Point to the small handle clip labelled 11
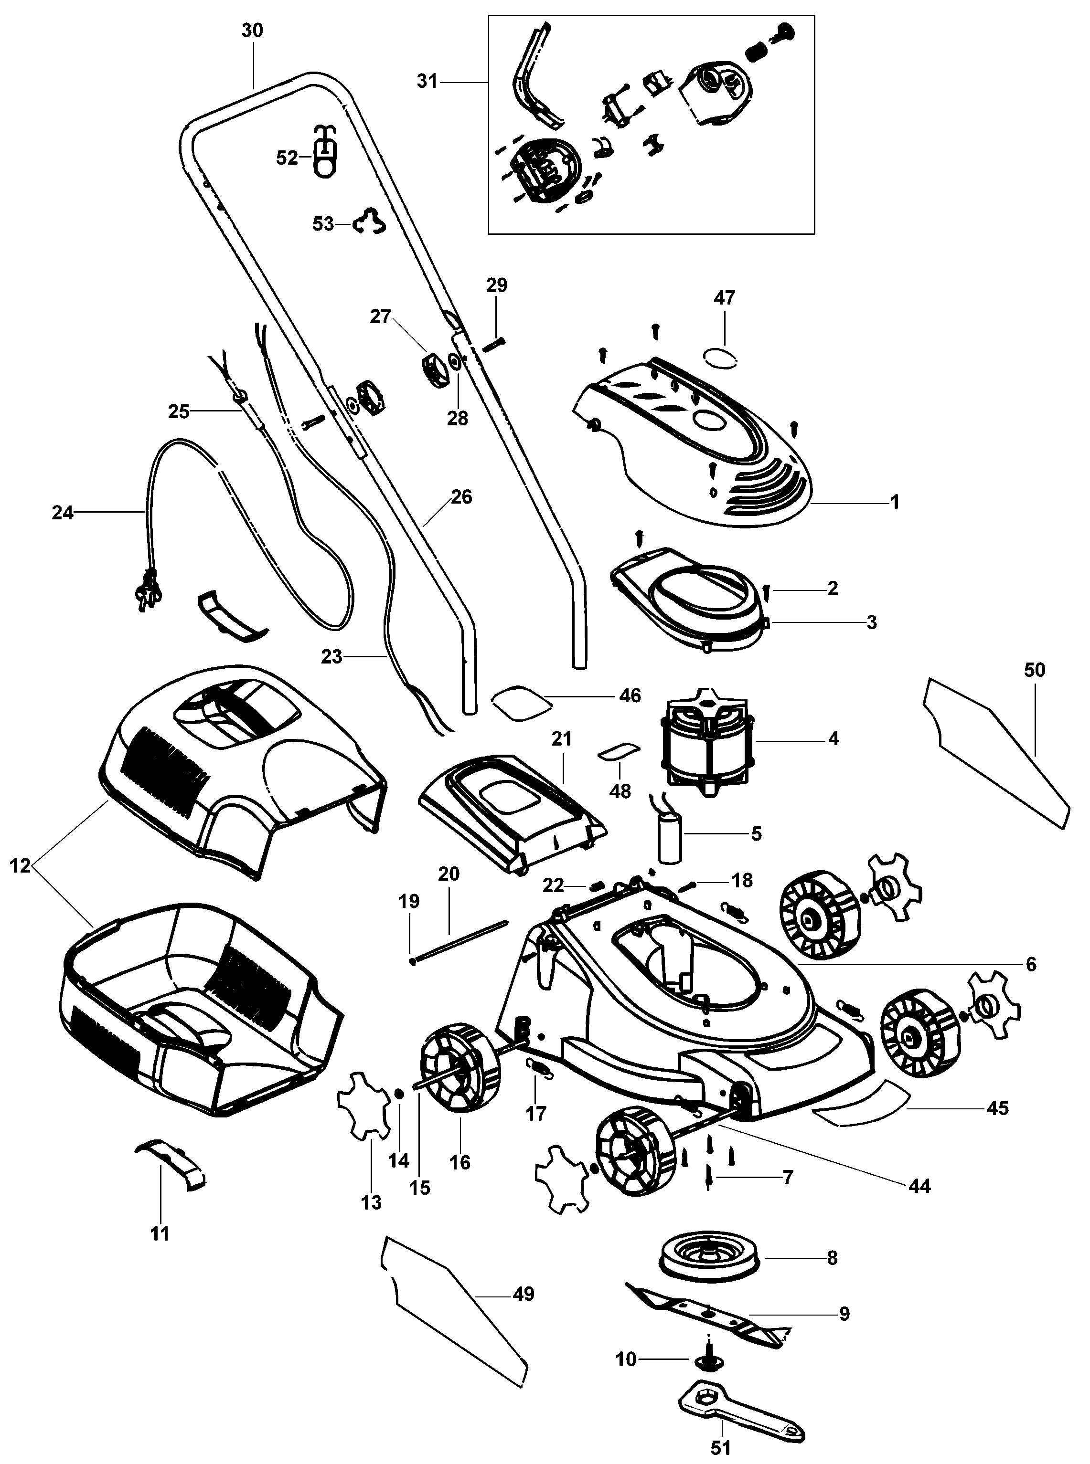[170, 1174]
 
